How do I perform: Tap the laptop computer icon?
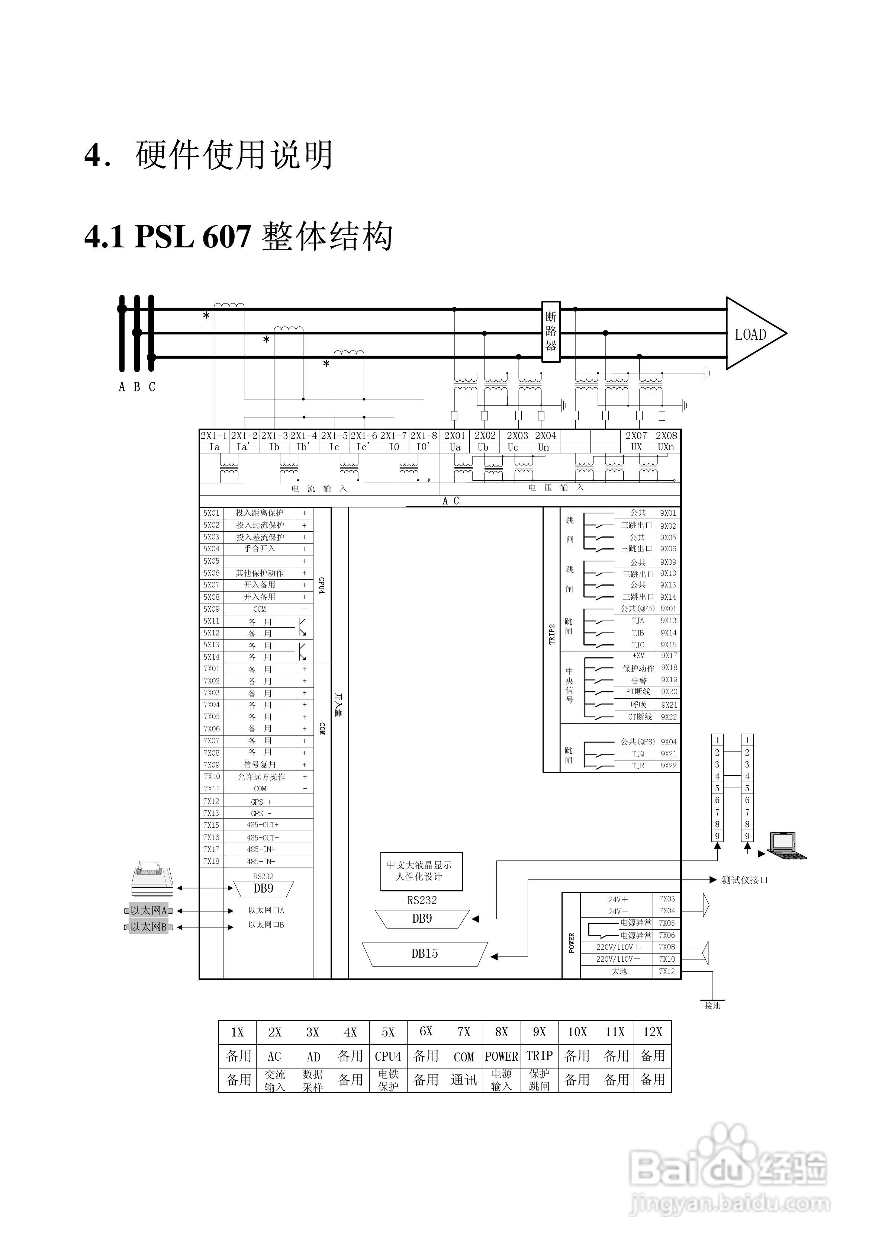click(786, 845)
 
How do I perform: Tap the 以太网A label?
click(148, 910)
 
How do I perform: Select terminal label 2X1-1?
click(213, 436)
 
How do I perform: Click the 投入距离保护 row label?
click(260, 513)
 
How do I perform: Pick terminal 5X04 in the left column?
click(211, 549)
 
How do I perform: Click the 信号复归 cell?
click(260, 765)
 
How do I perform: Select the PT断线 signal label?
click(638, 692)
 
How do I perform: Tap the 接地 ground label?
click(712, 1005)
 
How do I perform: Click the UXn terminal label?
click(666, 447)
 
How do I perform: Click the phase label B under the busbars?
click(136, 387)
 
